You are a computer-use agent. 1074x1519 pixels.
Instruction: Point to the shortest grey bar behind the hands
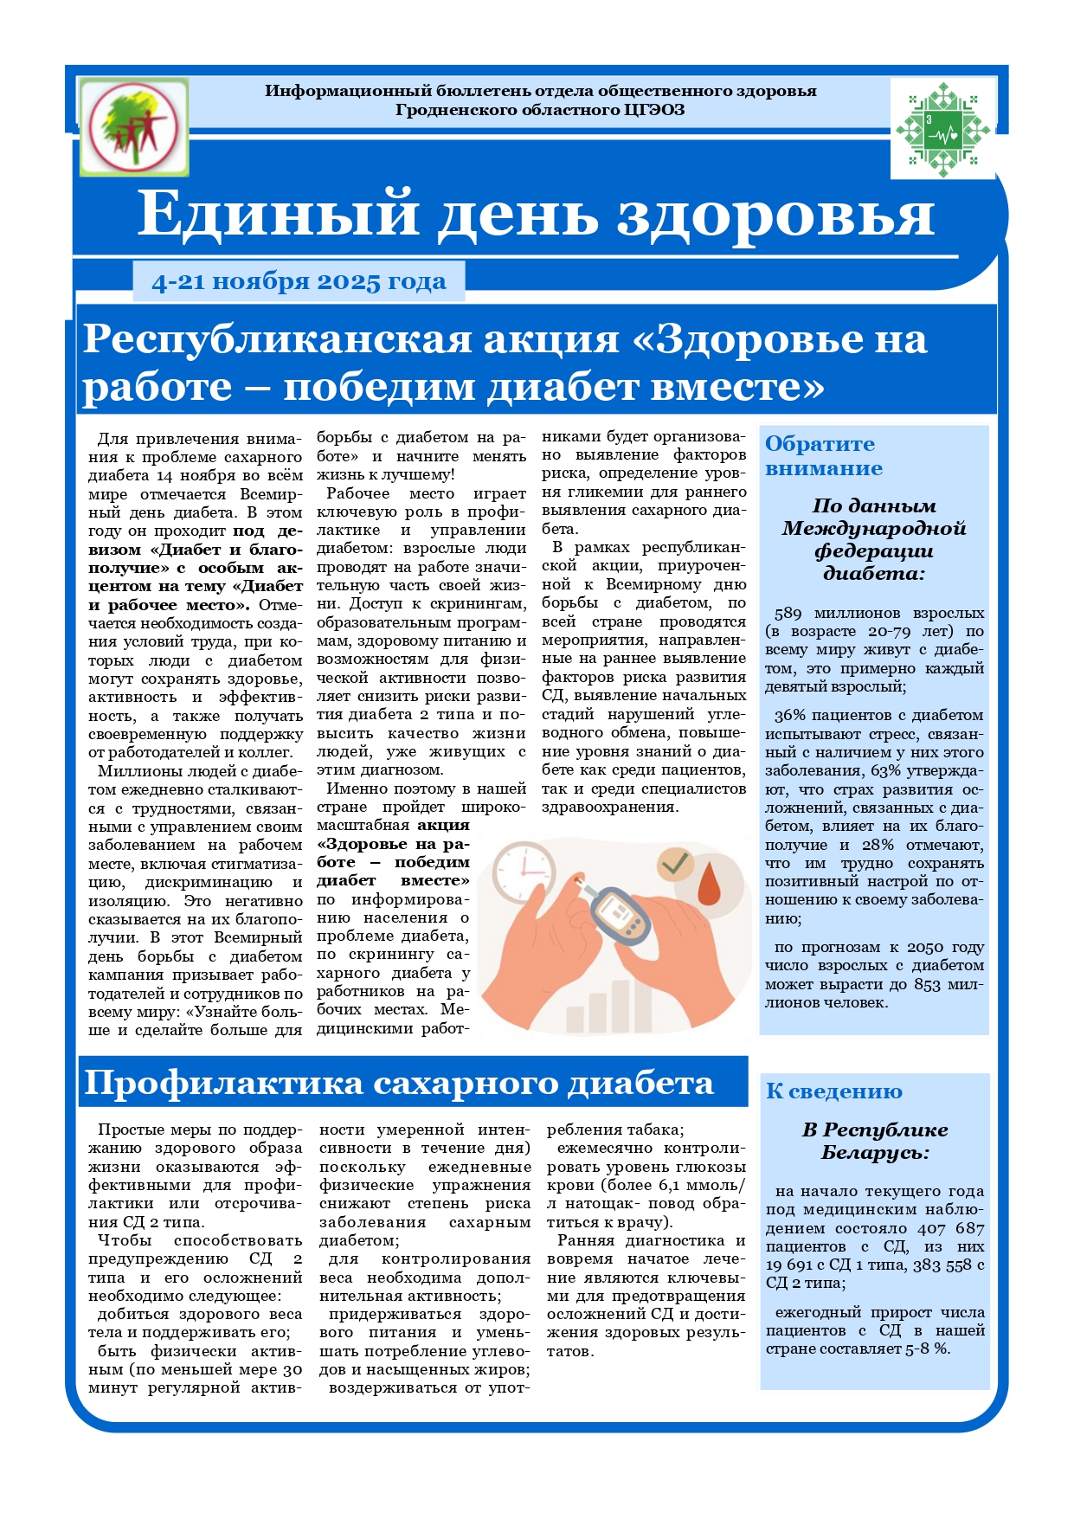click(x=575, y=1018)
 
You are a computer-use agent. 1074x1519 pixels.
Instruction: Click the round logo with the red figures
click(x=133, y=126)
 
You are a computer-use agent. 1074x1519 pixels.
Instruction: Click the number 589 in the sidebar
click(x=788, y=614)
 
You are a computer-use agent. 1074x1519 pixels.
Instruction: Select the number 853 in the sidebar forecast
click(x=924, y=985)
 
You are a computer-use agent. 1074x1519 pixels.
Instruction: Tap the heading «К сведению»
click(x=833, y=1092)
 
